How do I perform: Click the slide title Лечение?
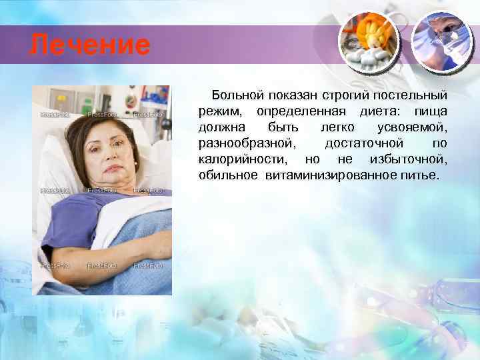[x=91, y=46]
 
